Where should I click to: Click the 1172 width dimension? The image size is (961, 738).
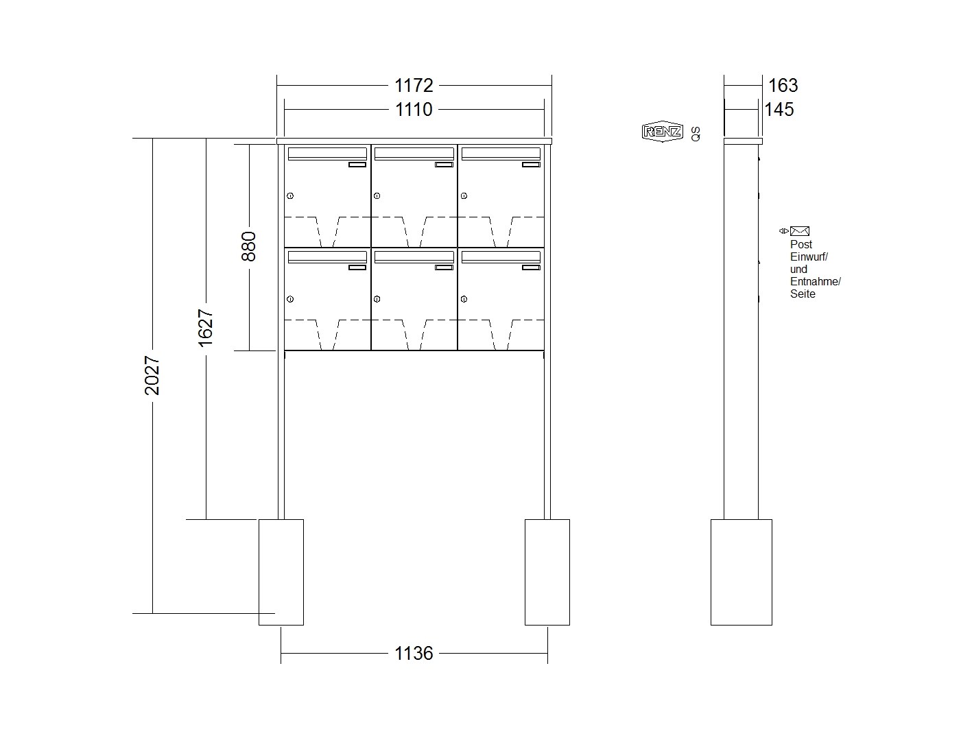(414, 85)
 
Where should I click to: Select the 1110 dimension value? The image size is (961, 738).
(414, 110)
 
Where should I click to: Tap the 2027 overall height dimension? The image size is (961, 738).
(152, 375)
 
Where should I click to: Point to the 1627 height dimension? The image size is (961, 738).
(206, 328)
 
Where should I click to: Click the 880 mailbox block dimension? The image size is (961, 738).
(249, 246)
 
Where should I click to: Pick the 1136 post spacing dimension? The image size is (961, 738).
(414, 653)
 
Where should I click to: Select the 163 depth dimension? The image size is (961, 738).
(783, 85)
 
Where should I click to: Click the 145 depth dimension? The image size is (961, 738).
(779, 110)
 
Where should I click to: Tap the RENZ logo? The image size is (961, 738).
(662, 131)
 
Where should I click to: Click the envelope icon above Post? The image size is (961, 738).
(800, 231)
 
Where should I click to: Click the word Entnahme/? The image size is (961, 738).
(815, 282)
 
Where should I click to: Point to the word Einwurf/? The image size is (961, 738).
(809, 257)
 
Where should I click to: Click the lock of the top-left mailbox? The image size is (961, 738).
(290, 196)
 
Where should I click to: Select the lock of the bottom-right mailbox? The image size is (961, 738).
(464, 299)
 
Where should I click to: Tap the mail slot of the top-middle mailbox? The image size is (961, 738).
(414, 154)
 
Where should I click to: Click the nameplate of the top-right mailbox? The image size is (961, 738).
(531, 165)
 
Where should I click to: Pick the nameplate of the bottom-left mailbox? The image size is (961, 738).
(357, 267)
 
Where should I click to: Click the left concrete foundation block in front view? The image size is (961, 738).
(281, 572)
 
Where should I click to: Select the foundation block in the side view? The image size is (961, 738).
(741, 572)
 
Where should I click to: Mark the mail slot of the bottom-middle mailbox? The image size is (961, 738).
(414, 257)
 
